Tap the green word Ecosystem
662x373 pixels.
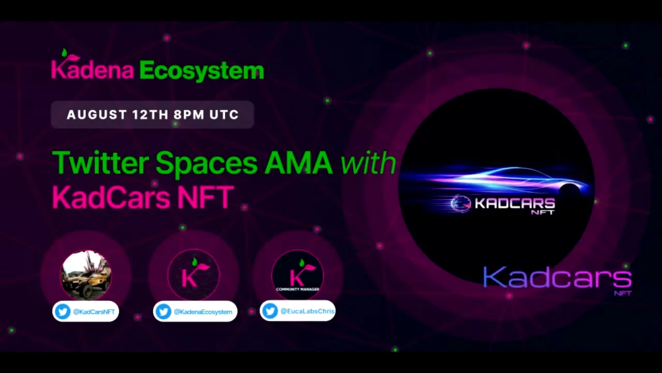tap(202, 71)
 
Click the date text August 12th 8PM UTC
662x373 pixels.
tap(153, 115)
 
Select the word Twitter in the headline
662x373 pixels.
tap(100, 163)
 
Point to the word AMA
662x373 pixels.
tap(298, 163)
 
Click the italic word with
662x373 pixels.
tap(368, 163)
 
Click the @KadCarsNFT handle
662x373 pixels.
tap(94, 312)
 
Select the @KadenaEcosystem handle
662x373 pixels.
tap(203, 312)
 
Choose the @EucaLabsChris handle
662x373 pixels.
tap(307, 311)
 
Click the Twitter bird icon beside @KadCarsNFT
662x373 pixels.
tap(63, 311)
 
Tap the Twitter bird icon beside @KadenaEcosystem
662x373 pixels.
tap(163, 312)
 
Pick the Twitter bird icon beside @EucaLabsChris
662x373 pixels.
tap(270, 311)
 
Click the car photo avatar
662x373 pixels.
tap(86, 275)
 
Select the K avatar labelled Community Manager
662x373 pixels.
tap(297, 275)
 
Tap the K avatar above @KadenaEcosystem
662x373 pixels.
tap(193, 275)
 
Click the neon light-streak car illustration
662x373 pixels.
tap(496, 181)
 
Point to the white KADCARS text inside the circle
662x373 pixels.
tap(515, 204)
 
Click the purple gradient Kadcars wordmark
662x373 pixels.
tap(558, 278)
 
